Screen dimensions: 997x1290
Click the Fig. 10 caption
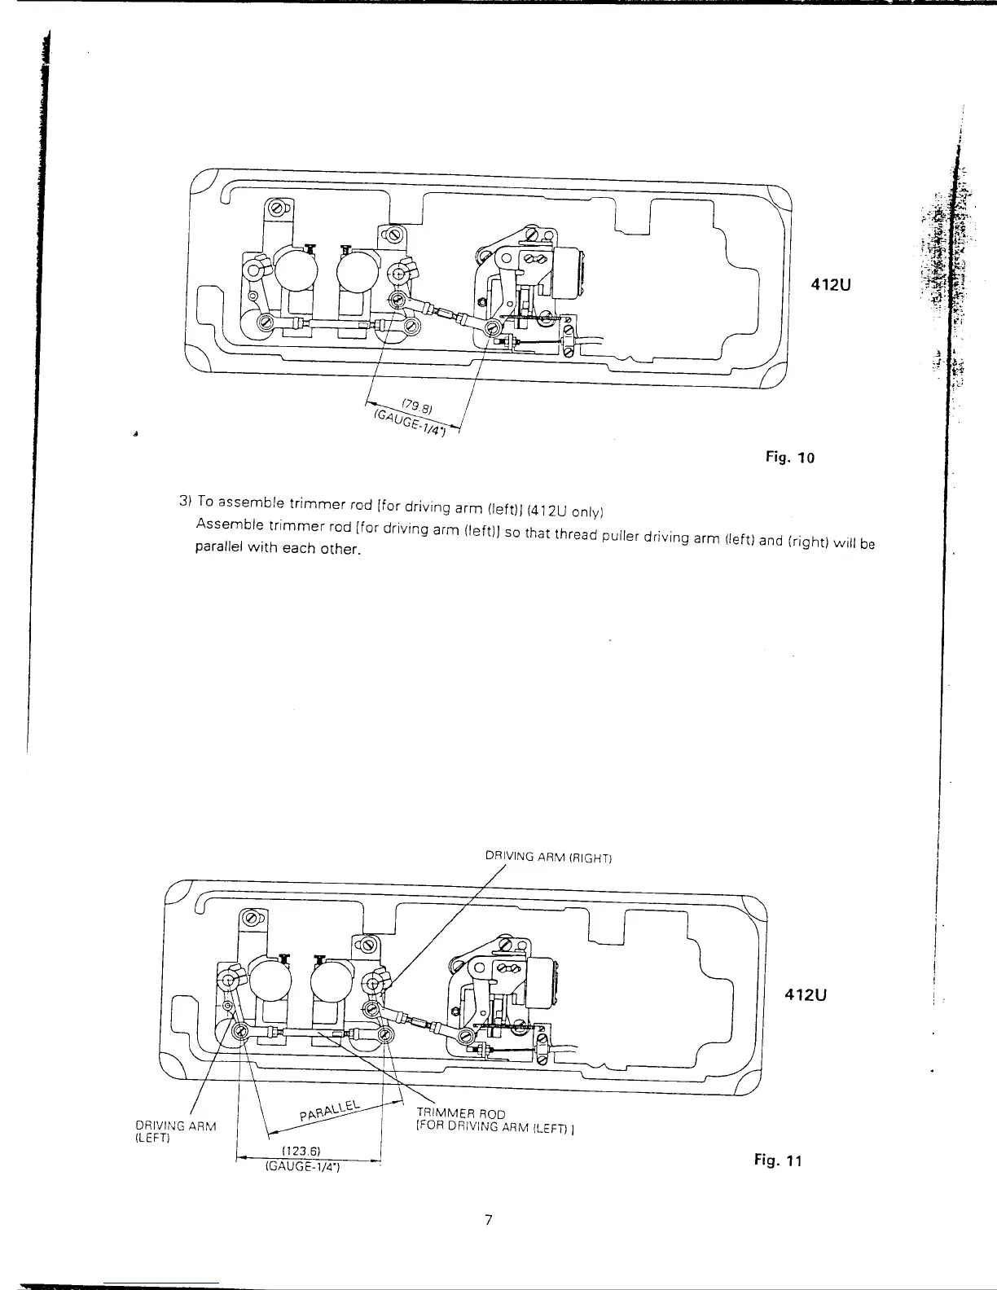point(789,457)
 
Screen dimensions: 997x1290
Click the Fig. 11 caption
point(778,1161)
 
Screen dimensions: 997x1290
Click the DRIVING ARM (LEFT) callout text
point(164,1131)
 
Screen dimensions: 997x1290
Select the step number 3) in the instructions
point(184,498)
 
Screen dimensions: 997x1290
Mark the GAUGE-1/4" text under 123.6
point(303,1166)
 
